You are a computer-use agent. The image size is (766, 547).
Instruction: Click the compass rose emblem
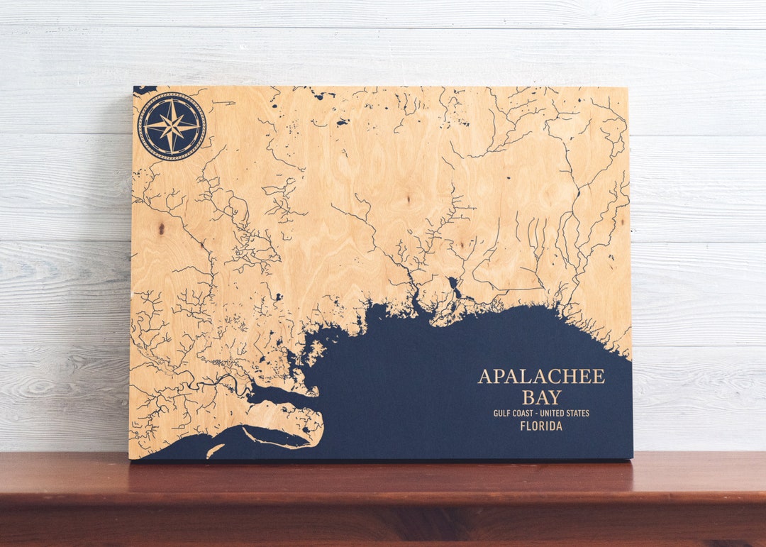(x=172, y=126)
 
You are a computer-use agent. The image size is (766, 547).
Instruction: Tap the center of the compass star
(x=172, y=126)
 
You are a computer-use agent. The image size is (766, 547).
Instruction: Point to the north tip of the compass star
(x=172, y=99)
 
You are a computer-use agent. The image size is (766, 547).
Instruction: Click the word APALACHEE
(x=541, y=377)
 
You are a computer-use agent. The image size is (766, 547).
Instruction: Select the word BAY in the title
(x=541, y=397)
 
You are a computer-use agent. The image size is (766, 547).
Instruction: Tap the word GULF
(x=505, y=414)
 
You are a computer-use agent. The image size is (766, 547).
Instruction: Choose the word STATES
(x=579, y=414)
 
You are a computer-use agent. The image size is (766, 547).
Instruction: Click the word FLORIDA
(x=541, y=426)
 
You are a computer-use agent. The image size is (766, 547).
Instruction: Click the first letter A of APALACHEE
(x=485, y=377)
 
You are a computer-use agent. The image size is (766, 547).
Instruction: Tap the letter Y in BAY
(x=554, y=397)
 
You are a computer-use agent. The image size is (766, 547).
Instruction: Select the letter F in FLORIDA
(x=523, y=426)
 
